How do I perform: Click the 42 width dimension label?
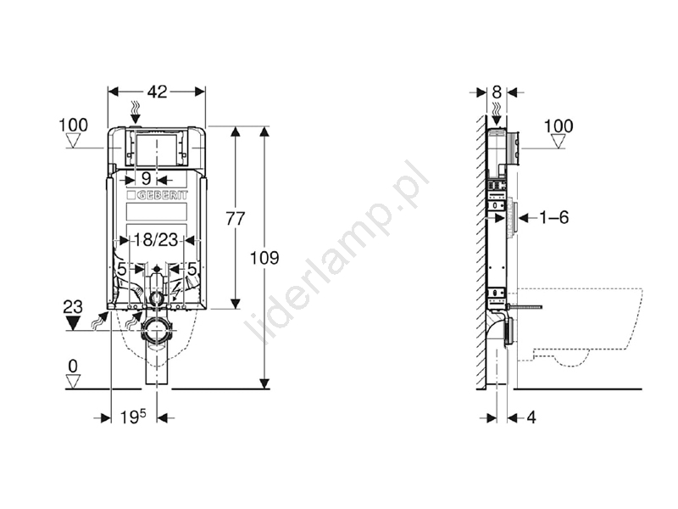click(x=157, y=92)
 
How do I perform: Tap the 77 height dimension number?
click(x=236, y=219)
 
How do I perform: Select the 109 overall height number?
click(x=264, y=258)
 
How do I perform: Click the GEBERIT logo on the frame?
click(x=158, y=195)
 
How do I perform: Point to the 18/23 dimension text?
click(x=155, y=239)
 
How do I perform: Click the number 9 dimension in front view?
click(x=146, y=179)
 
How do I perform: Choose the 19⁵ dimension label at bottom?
click(x=133, y=417)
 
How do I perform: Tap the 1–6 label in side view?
click(x=554, y=217)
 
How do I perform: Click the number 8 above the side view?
click(x=497, y=92)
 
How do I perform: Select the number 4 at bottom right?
click(x=531, y=417)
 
